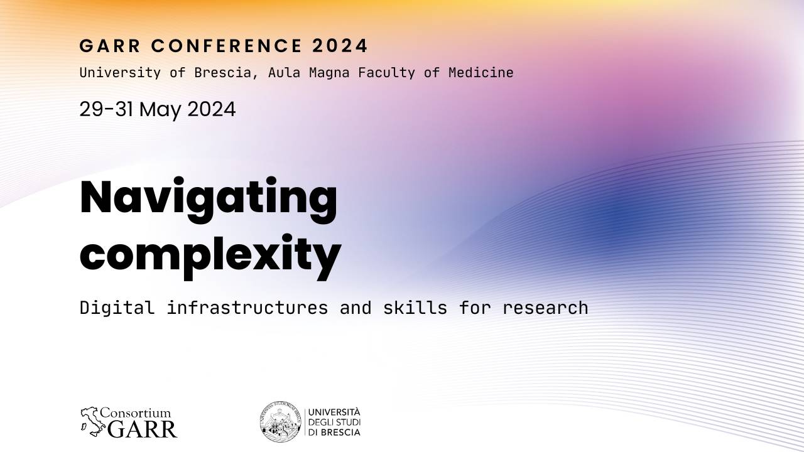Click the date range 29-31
[x=106, y=109]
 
